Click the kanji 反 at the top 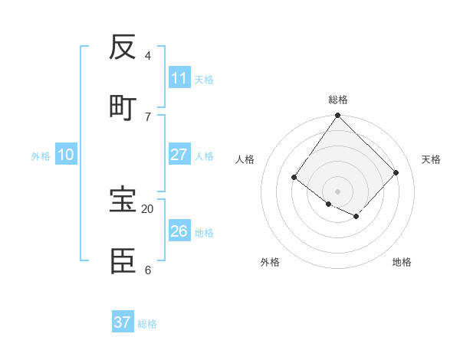(123, 47)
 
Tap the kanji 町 (123, 107)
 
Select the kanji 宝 (123, 200)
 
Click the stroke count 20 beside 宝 (147, 208)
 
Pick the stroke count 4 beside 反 (147, 55)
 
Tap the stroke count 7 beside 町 (147, 116)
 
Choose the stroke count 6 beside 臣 (147, 270)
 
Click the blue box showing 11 (179, 78)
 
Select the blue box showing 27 (179, 155)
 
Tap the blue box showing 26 (179, 231)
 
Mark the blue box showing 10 (66, 155)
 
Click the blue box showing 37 (123, 322)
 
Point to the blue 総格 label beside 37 (147, 324)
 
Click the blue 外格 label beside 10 (41, 156)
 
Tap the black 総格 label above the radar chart (338, 100)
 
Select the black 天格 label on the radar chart (432, 159)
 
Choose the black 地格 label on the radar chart (402, 262)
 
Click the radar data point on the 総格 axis (338, 116)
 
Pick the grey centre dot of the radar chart (338, 191)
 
